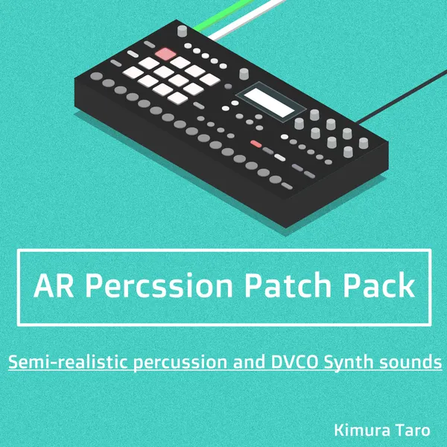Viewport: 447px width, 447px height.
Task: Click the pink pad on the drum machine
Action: (x=165, y=54)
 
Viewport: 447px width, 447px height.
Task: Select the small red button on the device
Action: (x=256, y=143)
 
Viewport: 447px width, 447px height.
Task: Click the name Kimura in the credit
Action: (x=359, y=430)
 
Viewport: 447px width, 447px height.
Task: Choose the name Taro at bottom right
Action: (x=415, y=430)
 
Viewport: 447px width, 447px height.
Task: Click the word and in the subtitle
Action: (x=243, y=363)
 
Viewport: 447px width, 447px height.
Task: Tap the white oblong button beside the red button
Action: (x=280, y=157)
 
